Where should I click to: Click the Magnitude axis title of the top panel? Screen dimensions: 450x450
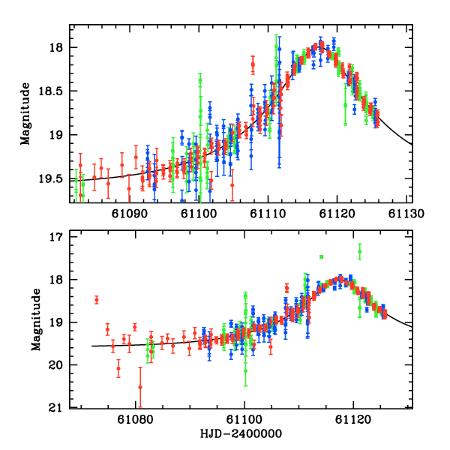click(x=25, y=113)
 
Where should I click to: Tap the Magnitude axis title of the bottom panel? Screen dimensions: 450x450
click(x=36, y=322)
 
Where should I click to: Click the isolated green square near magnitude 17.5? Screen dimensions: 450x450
click(x=321, y=257)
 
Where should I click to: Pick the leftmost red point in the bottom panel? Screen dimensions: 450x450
click(x=97, y=300)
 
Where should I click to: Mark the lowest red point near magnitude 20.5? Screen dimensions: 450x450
click(x=140, y=387)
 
